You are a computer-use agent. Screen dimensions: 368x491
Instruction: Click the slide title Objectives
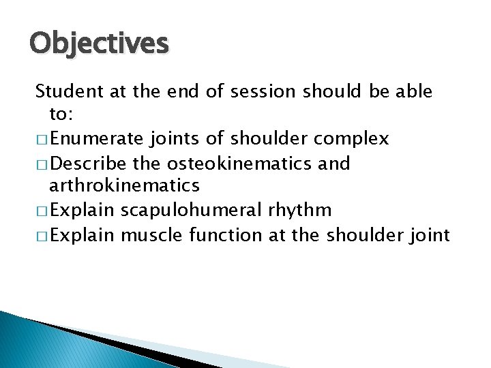[99, 44]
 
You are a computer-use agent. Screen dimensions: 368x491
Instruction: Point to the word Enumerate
[96, 139]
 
